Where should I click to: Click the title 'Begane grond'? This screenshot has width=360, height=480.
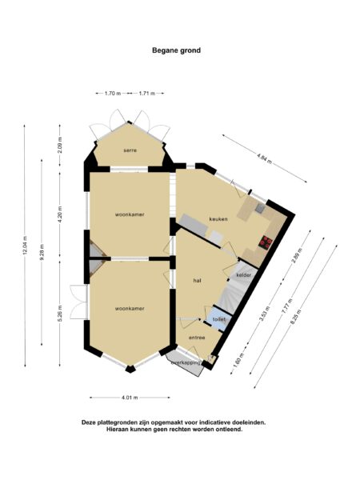coord(177,50)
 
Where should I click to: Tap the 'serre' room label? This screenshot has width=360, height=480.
coord(130,150)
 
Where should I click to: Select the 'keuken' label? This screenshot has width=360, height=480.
coord(219,218)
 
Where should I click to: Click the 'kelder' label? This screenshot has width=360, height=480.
coord(244,275)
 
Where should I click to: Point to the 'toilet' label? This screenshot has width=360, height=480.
coord(218,319)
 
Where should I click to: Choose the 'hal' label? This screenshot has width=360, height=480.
coord(197,281)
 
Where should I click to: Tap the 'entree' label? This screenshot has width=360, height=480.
coord(197,338)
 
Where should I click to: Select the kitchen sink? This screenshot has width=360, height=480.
coord(260,210)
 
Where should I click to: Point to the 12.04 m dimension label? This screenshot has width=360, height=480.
coord(26,245)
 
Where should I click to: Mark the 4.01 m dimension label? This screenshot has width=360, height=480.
coord(130,398)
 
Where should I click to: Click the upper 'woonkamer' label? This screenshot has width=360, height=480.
coord(129,214)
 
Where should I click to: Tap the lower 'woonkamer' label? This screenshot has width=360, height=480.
coord(129,307)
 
